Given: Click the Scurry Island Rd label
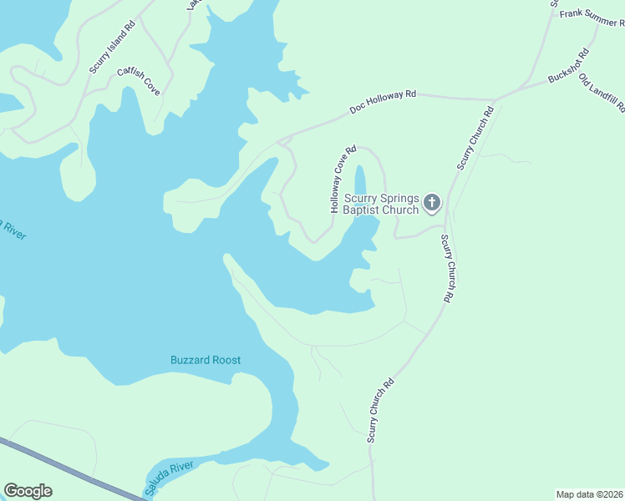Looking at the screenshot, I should pos(112,50).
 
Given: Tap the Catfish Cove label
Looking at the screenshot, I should pos(138,78).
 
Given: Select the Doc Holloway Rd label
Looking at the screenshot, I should pos(383,103).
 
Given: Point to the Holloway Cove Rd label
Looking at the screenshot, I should pos(343,180).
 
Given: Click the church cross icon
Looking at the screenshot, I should pos(432,202).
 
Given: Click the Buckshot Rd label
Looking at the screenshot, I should pos(569,66).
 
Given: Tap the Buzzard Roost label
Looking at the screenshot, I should pos(206,361).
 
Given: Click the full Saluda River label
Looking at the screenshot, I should pos(170,476).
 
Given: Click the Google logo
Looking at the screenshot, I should pos(28,491).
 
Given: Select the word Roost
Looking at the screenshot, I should pos(226,361).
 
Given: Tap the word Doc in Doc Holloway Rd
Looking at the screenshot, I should pos(358,109).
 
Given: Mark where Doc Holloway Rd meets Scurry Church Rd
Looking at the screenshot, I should pos(495,100).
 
